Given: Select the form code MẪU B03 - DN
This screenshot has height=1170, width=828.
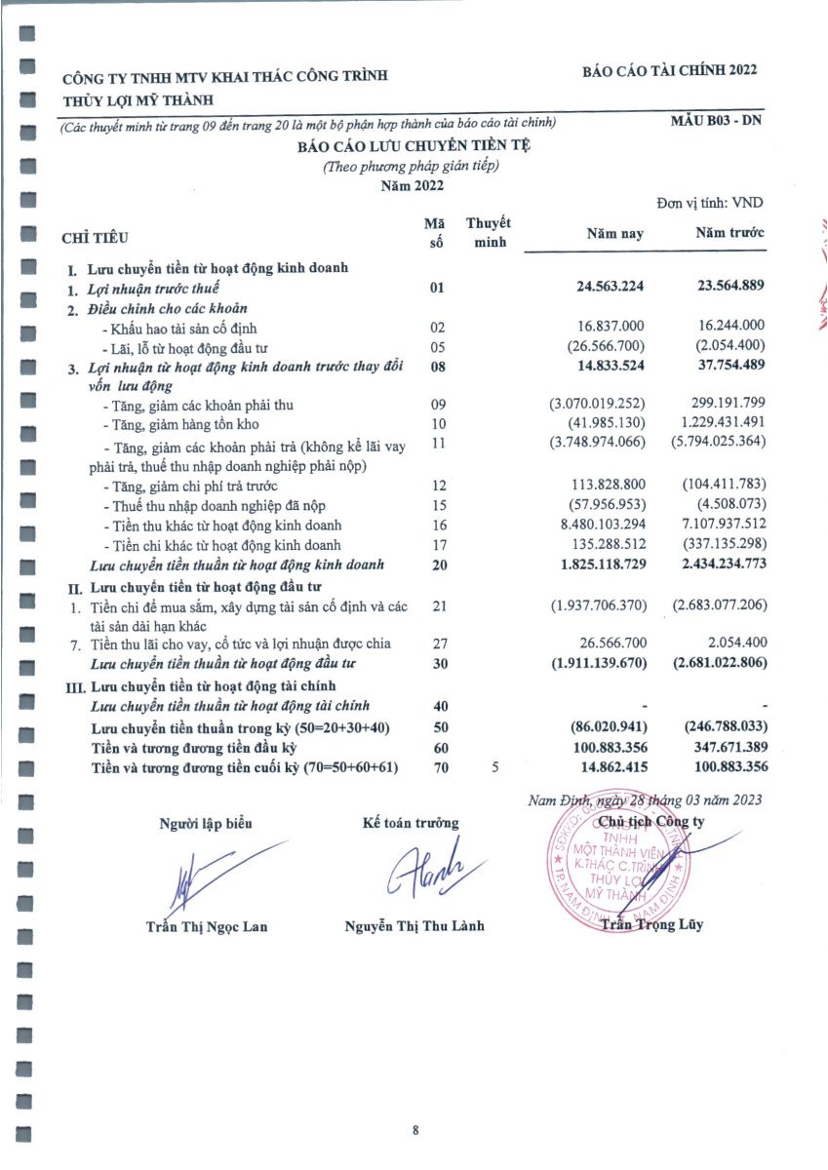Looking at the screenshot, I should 715,121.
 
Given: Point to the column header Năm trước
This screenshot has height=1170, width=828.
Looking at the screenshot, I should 729,233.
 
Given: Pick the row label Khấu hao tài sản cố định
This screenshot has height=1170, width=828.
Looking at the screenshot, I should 184,328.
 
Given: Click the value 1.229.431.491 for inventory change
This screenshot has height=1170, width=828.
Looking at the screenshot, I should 716,422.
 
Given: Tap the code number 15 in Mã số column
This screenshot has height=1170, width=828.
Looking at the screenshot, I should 437,505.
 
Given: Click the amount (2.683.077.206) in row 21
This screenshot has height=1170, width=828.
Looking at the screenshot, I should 718,605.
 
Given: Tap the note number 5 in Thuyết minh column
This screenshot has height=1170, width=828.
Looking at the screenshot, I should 494,767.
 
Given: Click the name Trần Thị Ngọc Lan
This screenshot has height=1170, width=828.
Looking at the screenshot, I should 206,926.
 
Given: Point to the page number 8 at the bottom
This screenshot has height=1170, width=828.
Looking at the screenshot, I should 415,1131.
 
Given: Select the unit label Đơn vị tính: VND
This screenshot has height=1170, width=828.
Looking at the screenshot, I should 710,203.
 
